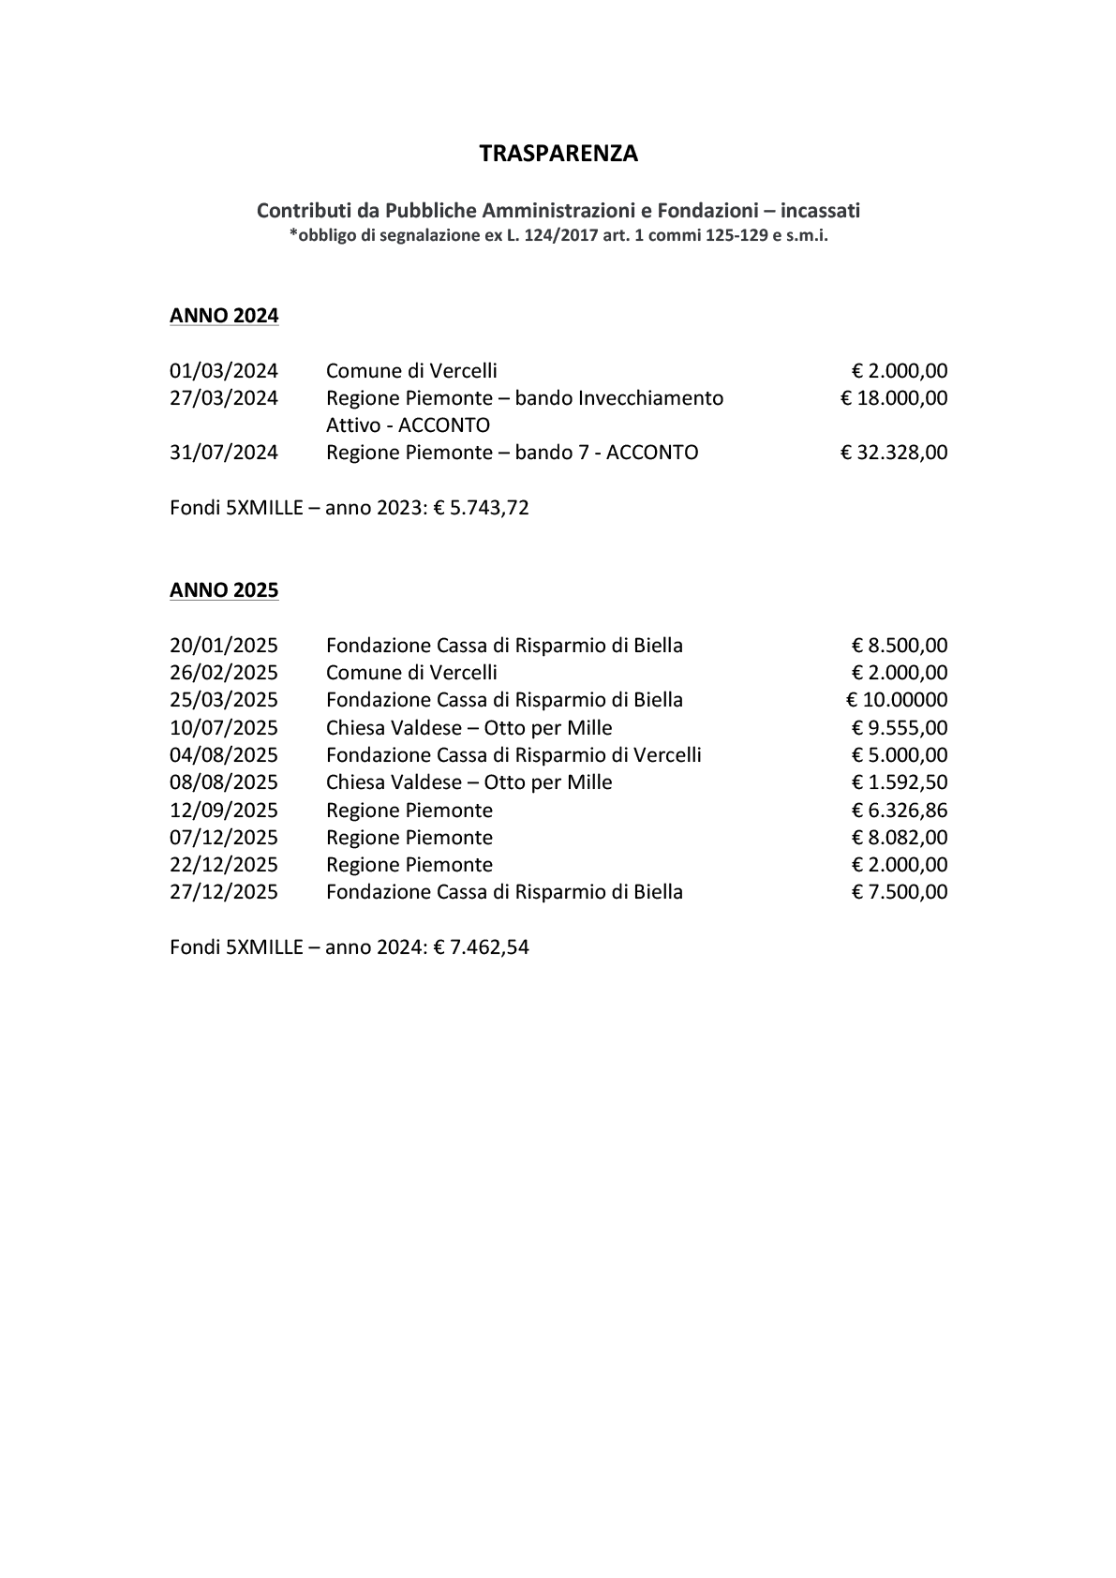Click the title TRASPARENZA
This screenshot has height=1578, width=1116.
[558, 155]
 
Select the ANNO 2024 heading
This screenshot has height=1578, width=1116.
[224, 316]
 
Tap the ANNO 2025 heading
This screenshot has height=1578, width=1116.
[224, 590]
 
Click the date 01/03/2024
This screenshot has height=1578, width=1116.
[224, 371]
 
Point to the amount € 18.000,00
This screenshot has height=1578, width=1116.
[894, 398]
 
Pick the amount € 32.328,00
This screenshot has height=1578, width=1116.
[894, 453]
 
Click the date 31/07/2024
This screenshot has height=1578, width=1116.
[224, 453]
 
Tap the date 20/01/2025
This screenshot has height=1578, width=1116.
[224, 646]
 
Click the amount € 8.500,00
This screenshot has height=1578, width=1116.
[900, 646]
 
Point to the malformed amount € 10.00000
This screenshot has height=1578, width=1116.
[897, 700]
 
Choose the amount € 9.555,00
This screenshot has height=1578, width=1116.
[900, 728]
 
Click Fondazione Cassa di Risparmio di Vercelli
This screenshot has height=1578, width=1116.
[513, 755]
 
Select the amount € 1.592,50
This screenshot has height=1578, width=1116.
[900, 782]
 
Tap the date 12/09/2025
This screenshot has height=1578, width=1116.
[224, 811]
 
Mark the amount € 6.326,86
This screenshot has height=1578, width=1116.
[900, 811]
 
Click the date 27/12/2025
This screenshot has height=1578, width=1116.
[224, 892]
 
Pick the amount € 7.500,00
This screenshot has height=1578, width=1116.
[900, 892]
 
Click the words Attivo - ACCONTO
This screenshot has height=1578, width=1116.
[408, 425]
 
